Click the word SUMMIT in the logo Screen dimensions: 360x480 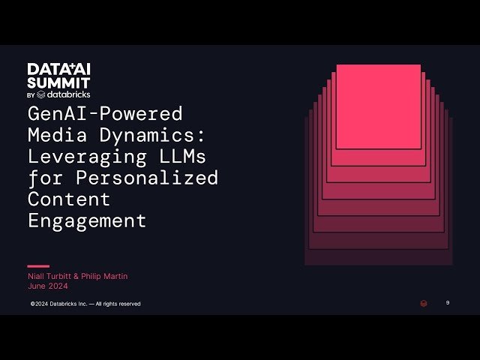tap(59, 82)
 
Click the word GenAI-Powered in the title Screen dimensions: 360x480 tap(105, 114)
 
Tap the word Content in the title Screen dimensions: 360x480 tap(69, 199)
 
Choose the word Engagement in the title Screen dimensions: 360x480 tap(87, 221)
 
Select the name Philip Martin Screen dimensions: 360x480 tap(105, 276)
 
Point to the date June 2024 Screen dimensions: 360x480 tap(47, 286)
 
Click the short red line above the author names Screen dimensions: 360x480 tap(38, 265)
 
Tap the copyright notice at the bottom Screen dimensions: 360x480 tap(85, 304)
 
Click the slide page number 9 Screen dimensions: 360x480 tap(448, 303)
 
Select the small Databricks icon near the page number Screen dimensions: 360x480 tap(423, 304)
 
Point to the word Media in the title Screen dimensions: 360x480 tap(53, 136)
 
